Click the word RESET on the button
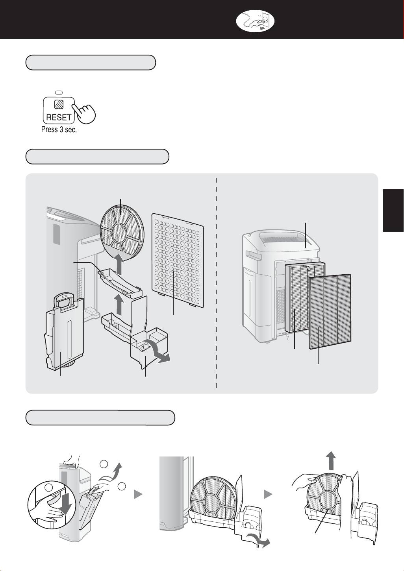[x=58, y=117]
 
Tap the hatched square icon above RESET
[x=58, y=104]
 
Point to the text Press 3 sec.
[x=59, y=129]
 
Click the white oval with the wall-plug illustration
[x=255, y=21]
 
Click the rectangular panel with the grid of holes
[x=178, y=261]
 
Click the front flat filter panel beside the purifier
[x=330, y=311]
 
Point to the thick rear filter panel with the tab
[x=305, y=297]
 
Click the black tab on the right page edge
[x=393, y=210]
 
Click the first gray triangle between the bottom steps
[x=138, y=495]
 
